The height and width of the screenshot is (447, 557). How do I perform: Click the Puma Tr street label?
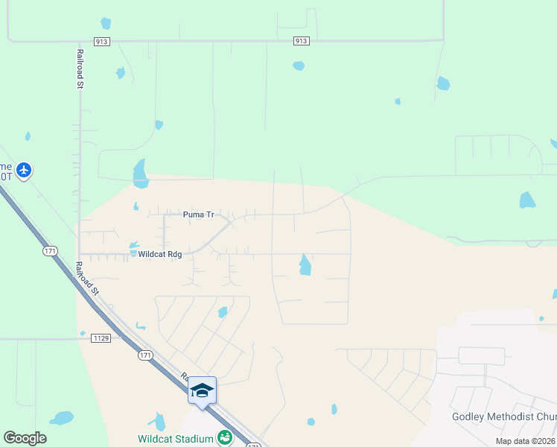pyautogui.click(x=198, y=215)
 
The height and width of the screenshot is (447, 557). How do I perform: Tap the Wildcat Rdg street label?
pyautogui.click(x=161, y=253)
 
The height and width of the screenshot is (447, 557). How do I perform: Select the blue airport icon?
pyautogui.click(x=24, y=171)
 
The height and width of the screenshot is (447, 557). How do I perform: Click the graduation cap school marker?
pyautogui.click(x=202, y=390)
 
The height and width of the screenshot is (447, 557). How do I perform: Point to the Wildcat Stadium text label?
pyautogui.click(x=175, y=439)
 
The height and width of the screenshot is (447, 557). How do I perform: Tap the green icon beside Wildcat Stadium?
pyautogui.click(x=224, y=438)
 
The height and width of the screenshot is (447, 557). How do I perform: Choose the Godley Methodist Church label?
pyautogui.click(x=503, y=416)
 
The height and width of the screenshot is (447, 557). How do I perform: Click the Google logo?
pyautogui.click(x=25, y=437)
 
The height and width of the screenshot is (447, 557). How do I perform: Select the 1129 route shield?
pyautogui.click(x=101, y=338)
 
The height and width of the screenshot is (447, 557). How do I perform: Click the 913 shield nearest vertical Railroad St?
pyautogui.click(x=102, y=41)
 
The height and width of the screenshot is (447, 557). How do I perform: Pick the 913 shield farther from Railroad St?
pyautogui.click(x=300, y=41)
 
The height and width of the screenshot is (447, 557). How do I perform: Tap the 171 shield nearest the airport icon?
pyautogui.click(x=50, y=251)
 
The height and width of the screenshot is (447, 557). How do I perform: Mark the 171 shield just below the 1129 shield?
pyautogui.click(x=145, y=355)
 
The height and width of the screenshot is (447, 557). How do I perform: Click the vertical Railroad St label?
pyautogui.click(x=79, y=69)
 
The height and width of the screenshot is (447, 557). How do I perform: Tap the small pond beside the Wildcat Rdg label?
pyautogui.click(x=134, y=244)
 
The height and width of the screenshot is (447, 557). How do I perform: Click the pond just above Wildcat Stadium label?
pyautogui.click(x=159, y=422)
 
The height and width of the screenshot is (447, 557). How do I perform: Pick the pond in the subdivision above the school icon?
pyautogui.click(x=223, y=312)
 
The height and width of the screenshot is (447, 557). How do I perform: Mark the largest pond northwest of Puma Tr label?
pyautogui.click(x=140, y=174)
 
